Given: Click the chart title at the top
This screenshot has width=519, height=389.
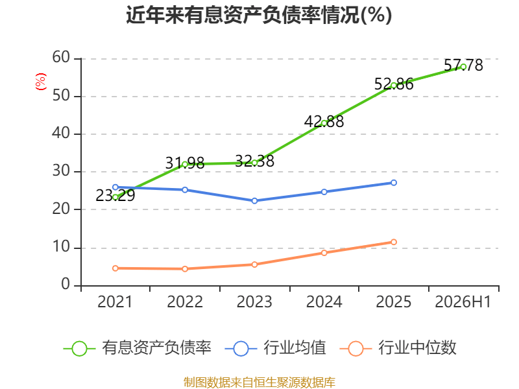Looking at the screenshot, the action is click(259, 15).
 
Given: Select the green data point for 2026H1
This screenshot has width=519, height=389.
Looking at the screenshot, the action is click(463, 67).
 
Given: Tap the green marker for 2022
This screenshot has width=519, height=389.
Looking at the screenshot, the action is click(185, 164).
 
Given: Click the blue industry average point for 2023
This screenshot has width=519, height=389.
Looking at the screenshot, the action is click(254, 201).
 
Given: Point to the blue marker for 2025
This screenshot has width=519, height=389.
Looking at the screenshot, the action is click(394, 183).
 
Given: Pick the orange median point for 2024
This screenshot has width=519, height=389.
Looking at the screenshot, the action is click(324, 253).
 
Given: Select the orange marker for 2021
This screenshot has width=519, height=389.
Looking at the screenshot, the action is click(115, 268).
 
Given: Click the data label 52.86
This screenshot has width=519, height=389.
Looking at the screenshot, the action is click(394, 84).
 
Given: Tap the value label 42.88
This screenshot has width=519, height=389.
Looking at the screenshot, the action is click(324, 121).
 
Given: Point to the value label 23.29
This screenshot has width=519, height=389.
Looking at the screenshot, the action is click(115, 196).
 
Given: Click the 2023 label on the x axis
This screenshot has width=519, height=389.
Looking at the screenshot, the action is click(254, 301).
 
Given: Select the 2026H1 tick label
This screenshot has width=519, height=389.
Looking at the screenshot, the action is click(463, 301).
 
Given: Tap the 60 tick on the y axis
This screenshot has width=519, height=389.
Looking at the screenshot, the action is click(61, 57).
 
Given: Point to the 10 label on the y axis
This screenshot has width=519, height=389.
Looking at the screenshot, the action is click(61, 247).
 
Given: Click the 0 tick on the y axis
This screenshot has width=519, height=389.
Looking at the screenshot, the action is click(66, 284).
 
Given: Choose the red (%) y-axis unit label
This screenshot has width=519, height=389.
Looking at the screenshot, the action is click(41, 82).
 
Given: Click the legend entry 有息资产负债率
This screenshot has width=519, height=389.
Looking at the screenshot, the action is click(138, 348).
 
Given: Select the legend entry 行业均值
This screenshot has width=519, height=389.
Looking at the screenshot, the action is click(275, 348).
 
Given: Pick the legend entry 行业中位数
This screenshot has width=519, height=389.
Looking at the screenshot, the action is click(398, 348).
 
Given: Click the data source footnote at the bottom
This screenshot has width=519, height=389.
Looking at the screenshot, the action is click(259, 383).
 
